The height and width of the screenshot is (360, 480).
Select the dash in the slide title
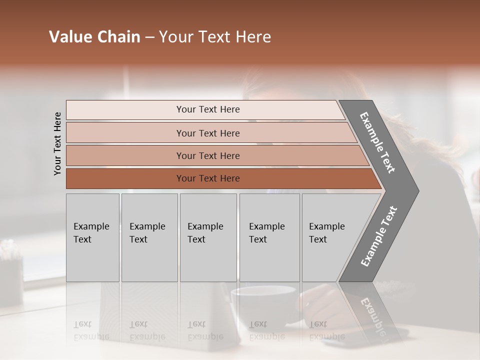pyautogui.click(x=149, y=37)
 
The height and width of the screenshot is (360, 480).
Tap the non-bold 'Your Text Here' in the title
pyautogui.click(x=215, y=37)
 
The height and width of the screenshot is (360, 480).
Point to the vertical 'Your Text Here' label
pyautogui.click(x=57, y=143)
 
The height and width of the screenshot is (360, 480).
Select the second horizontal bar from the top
pyautogui.click(x=207, y=133)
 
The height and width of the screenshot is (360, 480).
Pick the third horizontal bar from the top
pyautogui.click(x=207, y=155)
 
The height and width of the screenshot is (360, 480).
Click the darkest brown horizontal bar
pyautogui.click(x=207, y=178)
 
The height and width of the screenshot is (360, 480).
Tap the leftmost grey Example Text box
pyautogui.click(x=92, y=237)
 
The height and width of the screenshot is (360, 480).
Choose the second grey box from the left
pyautogui.click(x=149, y=237)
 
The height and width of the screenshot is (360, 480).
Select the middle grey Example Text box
pyautogui.click(x=208, y=237)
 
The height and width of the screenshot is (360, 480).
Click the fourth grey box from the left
pyautogui.click(x=269, y=237)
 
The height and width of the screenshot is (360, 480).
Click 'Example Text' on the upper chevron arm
pyautogui.click(x=377, y=142)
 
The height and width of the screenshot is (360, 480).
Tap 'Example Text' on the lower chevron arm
pyautogui.click(x=378, y=236)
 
